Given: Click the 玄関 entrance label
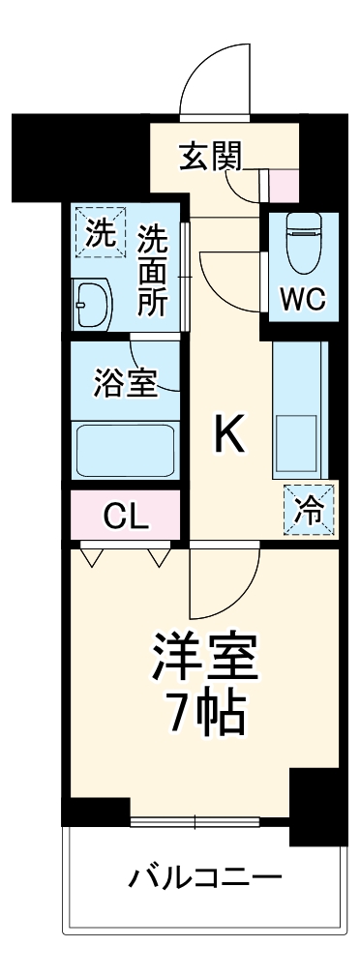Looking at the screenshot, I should click(210, 155).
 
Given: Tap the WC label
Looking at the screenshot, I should click(302, 300).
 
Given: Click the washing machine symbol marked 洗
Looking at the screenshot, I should click(100, 232).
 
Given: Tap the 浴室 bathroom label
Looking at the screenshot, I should click(126, 383).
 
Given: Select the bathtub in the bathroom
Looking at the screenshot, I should click(125, 448).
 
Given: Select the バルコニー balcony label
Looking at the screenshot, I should click(205, 878).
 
